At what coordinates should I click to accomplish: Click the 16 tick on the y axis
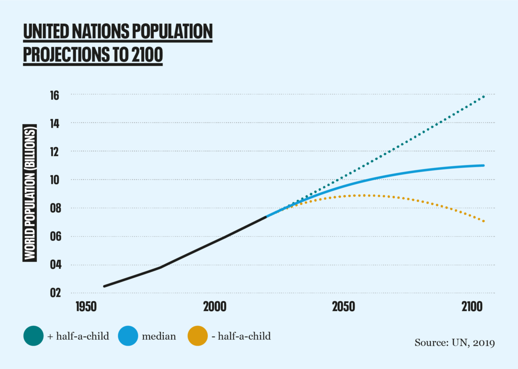pyautogui.click(x=55, y=95)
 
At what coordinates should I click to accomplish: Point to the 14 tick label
pyautogui.click(x=55, y=124)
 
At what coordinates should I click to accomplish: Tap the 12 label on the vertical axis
pyautogui.click(x=55, y=152)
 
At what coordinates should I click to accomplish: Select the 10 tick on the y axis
pyautogui.click(x=55, y=180)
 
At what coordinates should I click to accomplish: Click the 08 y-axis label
pyautogui.click(x=55, y=209)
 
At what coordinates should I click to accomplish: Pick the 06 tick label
pyautogui.click(x=55, y=237)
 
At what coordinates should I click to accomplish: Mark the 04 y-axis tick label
pyautogui.click(x=55, y=265)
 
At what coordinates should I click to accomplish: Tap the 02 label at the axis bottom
pyautogui.click(x=55, y=294)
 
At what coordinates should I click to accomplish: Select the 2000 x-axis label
pyautogui.click(x=215, y=307)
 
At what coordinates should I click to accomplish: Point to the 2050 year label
pyautogui.click(x=343, y=307)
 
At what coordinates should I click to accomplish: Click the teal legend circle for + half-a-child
pyautogui.click(x=34, y=336)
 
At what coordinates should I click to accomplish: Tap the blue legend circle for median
pyautogui.click(x=128, y=336)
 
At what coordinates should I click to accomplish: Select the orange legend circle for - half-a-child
pyautogui.click(x=197, y=336)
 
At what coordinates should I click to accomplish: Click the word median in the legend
pyautogui.click(x=159, y=336)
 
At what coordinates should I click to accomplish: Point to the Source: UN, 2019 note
pyautogui.click(x=454, y=343)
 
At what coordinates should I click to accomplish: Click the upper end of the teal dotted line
pyautogui.click(x=484, y=96)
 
